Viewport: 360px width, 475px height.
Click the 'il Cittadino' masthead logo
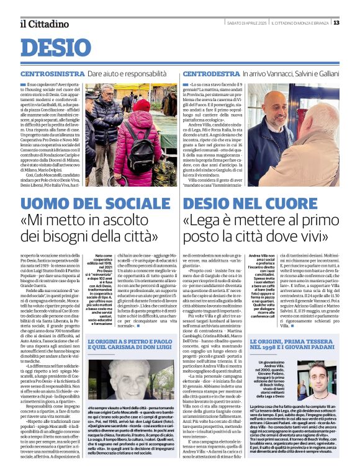click(43, 24)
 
